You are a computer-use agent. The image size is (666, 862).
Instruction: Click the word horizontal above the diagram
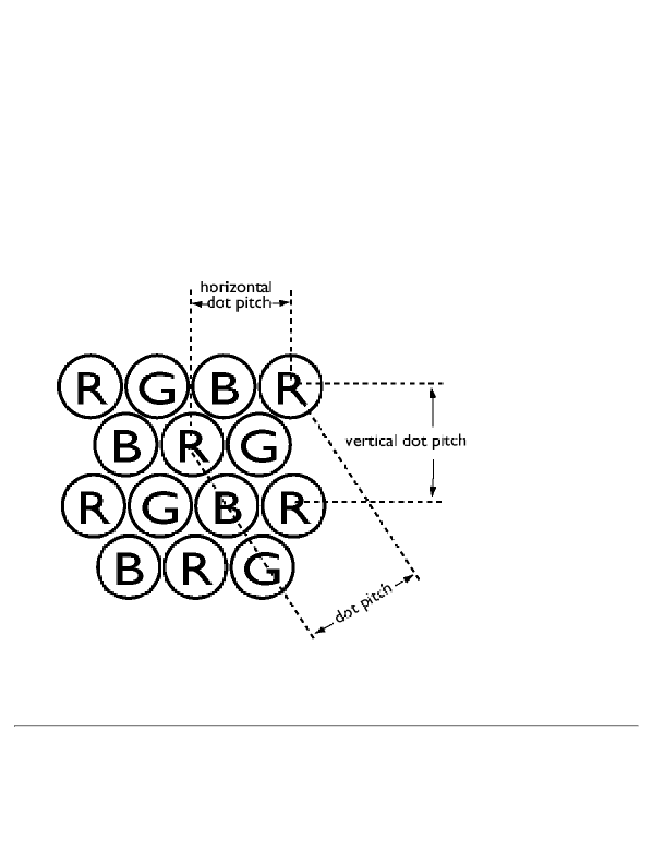tap(236, 286)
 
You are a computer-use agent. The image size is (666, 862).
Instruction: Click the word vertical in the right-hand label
tap(371, 440)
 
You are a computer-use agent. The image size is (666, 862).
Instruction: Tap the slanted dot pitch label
tap(364, 602)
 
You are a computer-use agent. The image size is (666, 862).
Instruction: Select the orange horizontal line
tap(326, 692)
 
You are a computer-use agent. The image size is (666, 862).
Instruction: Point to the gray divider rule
tap(326, 725)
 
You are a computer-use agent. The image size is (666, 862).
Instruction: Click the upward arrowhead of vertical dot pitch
tap(433, 393)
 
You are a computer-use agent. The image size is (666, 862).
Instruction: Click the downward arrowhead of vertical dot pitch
tap(433, 491)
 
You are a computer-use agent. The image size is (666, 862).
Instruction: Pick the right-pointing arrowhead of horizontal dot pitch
tap(283, 304)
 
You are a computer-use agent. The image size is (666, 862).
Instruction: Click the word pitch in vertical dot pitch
tap(449, 441)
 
